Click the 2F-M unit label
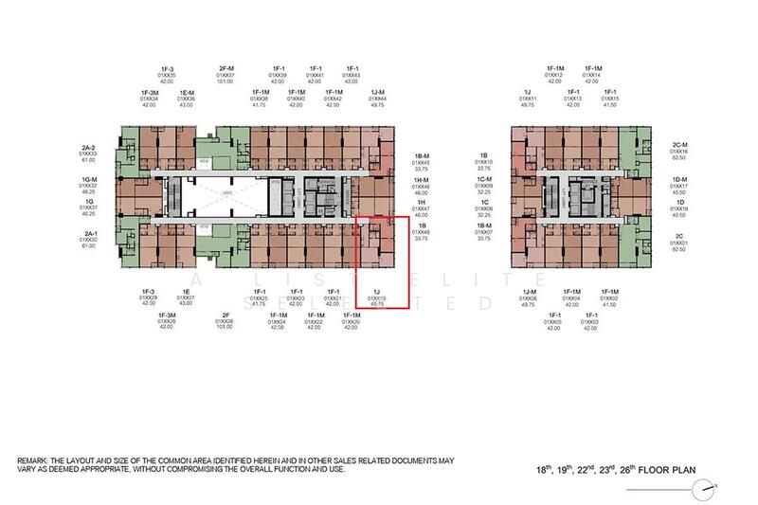coord(226,68)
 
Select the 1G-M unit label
coord(90,179)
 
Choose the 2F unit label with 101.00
coord(226,314)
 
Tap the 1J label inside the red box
coord(377,291)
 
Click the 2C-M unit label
coord(677,144)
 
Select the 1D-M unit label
coord(677,180)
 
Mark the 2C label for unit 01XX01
coord(677,236)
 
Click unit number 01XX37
coord(226,75)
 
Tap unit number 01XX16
coord(677,151)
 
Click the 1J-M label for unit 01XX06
coord(529,291)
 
